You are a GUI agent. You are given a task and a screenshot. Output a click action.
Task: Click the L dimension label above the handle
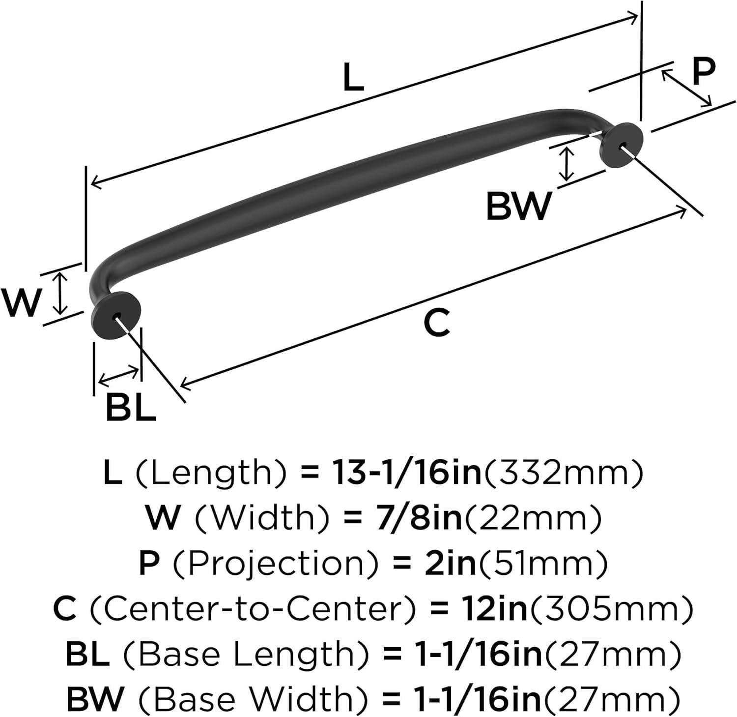point(353,79)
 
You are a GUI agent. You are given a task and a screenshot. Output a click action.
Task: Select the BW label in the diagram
point(518,207)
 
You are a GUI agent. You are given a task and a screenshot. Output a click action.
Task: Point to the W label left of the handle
point(21,303)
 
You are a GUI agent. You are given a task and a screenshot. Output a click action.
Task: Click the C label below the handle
point(437,323)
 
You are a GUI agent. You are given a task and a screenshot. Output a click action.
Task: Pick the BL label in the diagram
point(130,408)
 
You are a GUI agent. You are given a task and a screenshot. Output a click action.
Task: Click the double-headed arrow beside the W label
point(60,294)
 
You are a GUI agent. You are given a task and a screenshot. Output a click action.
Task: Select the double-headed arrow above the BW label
point(567,164)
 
